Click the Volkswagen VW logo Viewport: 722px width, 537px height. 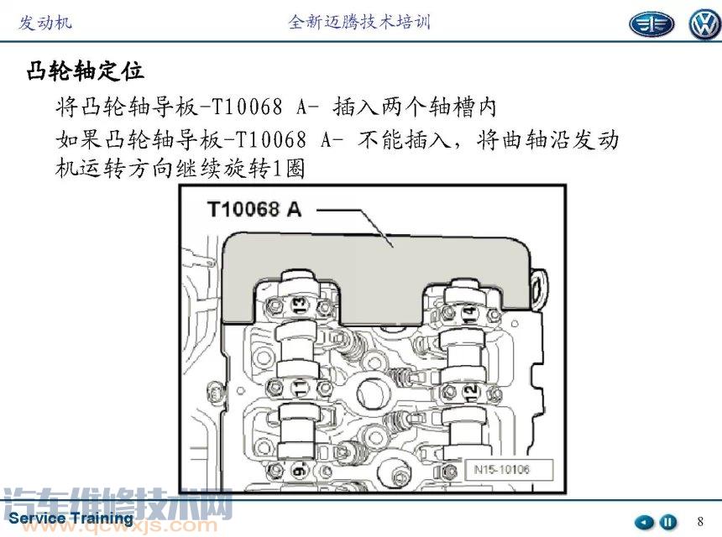(704, 24)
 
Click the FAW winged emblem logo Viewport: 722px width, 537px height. (651, 24)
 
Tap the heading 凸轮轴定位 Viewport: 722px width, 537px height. (85, 71)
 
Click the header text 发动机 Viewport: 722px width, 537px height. (45, 22)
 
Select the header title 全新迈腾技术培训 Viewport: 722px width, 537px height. (359, 22)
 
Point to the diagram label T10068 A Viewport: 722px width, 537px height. (254, 210)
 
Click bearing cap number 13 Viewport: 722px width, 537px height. (299, 305)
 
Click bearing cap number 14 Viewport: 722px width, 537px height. (469, 312)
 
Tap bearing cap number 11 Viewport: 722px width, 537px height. (300, 388)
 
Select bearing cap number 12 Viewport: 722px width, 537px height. (470, 393)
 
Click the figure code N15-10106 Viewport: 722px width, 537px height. (501, 469)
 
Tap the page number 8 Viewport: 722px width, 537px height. (700, 521)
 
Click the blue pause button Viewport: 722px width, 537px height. (667, 522)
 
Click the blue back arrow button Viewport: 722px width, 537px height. (644, 523)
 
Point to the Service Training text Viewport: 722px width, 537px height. (71, 519)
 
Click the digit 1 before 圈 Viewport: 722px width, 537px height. (277, 169)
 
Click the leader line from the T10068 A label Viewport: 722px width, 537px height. (355, 224)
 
